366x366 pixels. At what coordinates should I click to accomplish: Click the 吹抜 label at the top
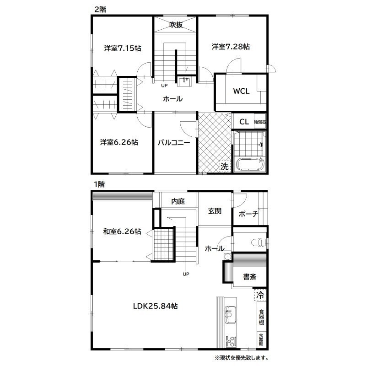[176, 25]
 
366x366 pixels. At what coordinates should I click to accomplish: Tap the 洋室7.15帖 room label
[123, 48]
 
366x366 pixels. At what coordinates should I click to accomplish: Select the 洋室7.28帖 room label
[231, 47]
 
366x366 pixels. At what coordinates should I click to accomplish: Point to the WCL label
[242, 91]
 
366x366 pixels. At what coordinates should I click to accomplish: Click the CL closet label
[244, 122]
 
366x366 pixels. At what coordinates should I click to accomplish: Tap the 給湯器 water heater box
[260, 121]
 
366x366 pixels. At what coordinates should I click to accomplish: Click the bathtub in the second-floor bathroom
[250, 165]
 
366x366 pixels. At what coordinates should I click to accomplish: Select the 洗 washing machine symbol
[225, 167]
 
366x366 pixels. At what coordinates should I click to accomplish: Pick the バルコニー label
[174, 142]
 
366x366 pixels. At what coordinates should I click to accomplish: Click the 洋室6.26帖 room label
[119, 142]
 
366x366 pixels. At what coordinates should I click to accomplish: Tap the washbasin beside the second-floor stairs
[184, 82]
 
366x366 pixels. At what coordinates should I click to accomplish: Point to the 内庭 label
[178, 201]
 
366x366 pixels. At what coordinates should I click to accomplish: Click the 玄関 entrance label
[215, 211]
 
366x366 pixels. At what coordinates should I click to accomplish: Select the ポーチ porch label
[248, 214]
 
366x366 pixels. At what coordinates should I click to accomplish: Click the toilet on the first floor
[258, 242]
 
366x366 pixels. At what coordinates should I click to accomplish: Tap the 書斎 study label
[250, 277]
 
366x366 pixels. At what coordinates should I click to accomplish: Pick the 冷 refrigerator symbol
[260, 295]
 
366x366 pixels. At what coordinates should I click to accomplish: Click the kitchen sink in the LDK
[230, 315]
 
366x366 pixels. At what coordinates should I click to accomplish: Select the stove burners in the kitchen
[231, 341]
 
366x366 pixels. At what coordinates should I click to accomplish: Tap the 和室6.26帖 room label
[122, 231]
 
